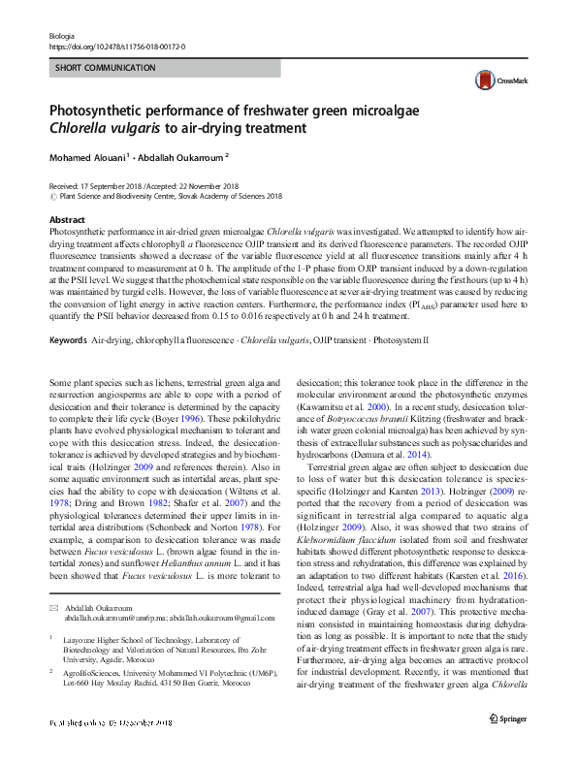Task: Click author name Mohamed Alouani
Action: (86, 155)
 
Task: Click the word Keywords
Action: (68, 314)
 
